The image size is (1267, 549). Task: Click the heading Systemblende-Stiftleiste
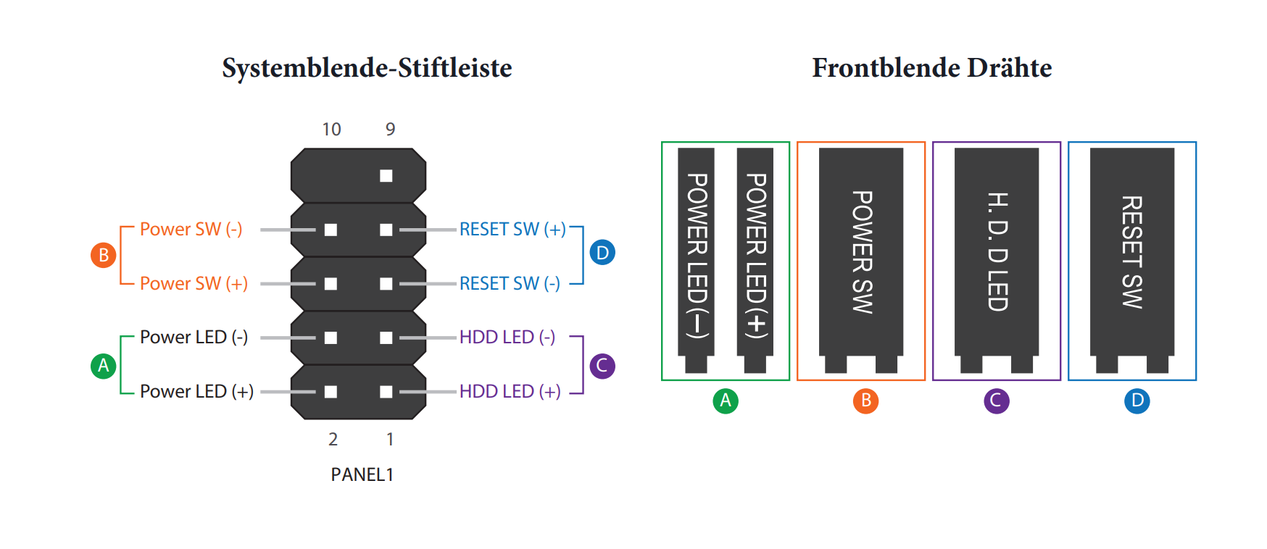click(x=367, y=68)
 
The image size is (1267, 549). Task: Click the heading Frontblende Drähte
click(x=931, y=68)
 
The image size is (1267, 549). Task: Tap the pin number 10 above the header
click(x=331, y=130)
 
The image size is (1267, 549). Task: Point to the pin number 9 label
click(x=390, y=130)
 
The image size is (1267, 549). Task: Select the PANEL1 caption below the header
click(x=362, y=474)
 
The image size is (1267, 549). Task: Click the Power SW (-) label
click(x=191, y=230)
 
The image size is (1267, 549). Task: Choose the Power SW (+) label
click(x=194, y=283)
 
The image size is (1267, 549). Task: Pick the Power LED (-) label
click(x=194, y=338)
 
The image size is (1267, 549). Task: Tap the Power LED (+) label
click(x=196, y=392)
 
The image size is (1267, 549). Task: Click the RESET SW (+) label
click(x=512, y=230)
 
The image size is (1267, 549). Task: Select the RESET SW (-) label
click(x=510, y=283)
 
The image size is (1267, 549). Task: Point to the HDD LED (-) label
click(x=507, y=338)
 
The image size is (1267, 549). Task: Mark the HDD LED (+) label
click(x=510, y=392)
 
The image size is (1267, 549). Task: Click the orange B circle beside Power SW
click(x=104, y=255)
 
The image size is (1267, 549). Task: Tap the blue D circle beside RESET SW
click(x=602, y=253)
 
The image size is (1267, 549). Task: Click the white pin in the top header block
click(x=386, y=176)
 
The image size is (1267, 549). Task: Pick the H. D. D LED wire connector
click(x=997, y=253)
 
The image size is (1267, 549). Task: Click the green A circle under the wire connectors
click(x=726, y=401)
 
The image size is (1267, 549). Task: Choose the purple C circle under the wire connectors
click(x=997, y=401)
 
